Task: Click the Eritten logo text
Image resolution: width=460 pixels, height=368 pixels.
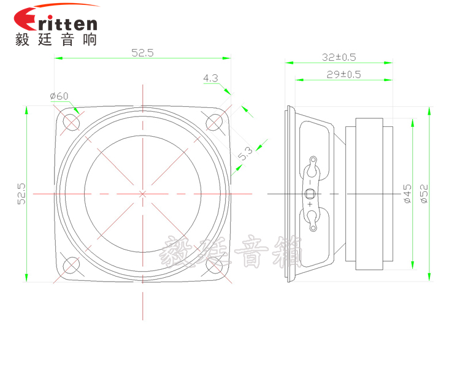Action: coord(55,23)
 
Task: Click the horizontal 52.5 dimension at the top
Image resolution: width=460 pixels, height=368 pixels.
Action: coord(142,53)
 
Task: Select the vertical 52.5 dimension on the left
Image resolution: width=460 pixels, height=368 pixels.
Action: coord(21,193)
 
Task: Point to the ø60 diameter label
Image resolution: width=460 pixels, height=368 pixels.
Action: coord(59,96)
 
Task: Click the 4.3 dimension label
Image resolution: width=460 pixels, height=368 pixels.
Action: coord(210,78)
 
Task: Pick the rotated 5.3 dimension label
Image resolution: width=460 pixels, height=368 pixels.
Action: coord(245,153)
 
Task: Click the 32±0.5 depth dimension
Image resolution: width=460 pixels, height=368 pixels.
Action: coord(339,57)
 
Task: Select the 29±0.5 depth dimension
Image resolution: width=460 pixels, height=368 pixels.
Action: coord(343,74)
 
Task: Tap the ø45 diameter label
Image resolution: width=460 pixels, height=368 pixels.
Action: coord(407,193)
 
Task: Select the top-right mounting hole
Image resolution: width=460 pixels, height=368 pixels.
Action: coord(214,121)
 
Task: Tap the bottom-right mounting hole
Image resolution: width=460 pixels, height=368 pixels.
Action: coord(214,265)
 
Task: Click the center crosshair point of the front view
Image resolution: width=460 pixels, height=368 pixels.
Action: coord(143,193)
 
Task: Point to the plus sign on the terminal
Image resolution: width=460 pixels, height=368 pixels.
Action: coord(310,205)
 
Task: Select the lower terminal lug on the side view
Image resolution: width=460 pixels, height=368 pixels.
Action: coord(313,221)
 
